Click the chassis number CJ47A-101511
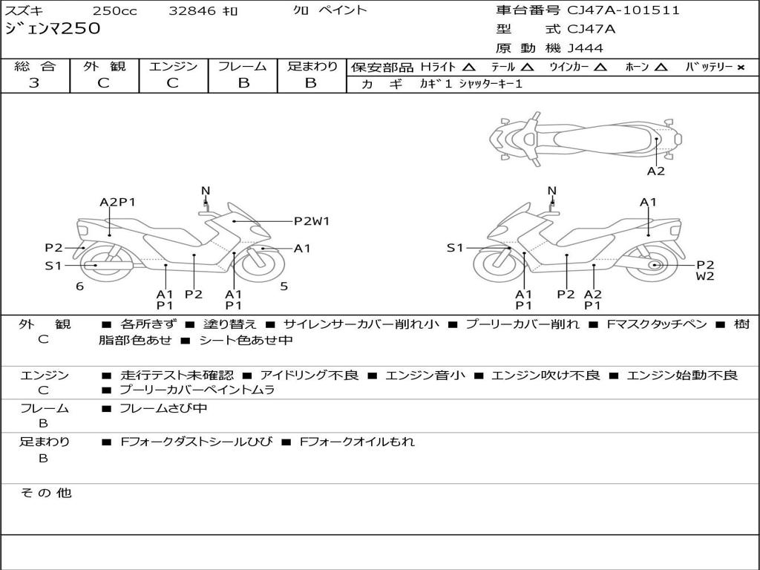pos(623,10)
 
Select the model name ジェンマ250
pos(53,29)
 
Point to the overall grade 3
pos(34,83)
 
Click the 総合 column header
pos(35,66)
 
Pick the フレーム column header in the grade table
pos(243,66)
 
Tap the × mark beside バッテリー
pos(741,68)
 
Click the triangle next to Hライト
pos(469,68)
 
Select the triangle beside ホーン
pos(661,68)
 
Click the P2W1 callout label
pos(312,221)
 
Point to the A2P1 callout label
pos(117,202)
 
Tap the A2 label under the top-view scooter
pos(656,171)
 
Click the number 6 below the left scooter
pos(79,286)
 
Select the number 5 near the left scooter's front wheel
pos(284,286)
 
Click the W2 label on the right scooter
pos(705,276)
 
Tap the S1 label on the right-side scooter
pos(455,248)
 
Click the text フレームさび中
pos(163,409)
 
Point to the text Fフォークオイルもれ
pos(357,442)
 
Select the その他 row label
pos(45,493)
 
